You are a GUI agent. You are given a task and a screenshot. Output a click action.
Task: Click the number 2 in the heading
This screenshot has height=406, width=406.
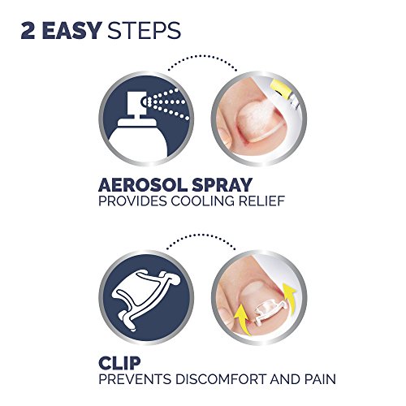point(28,31)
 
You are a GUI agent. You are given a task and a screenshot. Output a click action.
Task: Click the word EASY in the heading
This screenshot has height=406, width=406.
point(72,31)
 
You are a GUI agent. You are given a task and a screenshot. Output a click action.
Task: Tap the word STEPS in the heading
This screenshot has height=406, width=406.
point(144,31)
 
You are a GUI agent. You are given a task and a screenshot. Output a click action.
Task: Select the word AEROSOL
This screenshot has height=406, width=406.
point(143,185)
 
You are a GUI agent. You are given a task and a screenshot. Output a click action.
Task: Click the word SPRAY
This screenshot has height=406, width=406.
point(222,185)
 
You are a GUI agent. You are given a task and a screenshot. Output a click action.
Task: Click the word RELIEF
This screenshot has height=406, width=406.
point(261,201)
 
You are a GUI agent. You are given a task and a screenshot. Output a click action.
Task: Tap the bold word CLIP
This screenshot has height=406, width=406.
point(119,363)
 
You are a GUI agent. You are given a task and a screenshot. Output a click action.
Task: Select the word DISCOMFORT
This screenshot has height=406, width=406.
point(220,379)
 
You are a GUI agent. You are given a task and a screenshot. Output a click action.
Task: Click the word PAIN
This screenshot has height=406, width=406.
point(320,379)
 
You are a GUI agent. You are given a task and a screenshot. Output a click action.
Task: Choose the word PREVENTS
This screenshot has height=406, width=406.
point(135,379)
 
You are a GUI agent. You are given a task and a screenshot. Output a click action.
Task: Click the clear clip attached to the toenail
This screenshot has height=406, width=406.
point(270,312)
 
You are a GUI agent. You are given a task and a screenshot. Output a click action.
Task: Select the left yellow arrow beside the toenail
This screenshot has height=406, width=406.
point(242,321)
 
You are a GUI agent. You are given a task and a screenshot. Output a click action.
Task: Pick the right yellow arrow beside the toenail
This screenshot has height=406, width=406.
point(288,294)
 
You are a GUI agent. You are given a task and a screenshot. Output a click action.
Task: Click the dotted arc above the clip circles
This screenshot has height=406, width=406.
point(201,235)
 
